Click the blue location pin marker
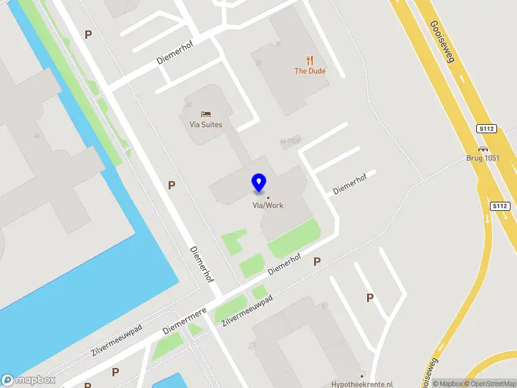[258, 183]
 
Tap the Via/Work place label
[268, 206]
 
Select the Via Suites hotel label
[206, 125]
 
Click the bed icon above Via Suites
[206, 114]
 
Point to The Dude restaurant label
[310, 71]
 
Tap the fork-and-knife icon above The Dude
[310, 61]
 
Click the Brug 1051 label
[483, 158]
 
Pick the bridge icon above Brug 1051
[483, 148]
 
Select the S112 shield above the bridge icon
[487, 129]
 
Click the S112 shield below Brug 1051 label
[500, 206]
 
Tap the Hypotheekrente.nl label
[362, 383]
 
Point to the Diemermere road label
[184, 320]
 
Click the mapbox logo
[28, 380]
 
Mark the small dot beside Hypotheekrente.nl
[362, 375]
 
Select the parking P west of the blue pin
[171, 185]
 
